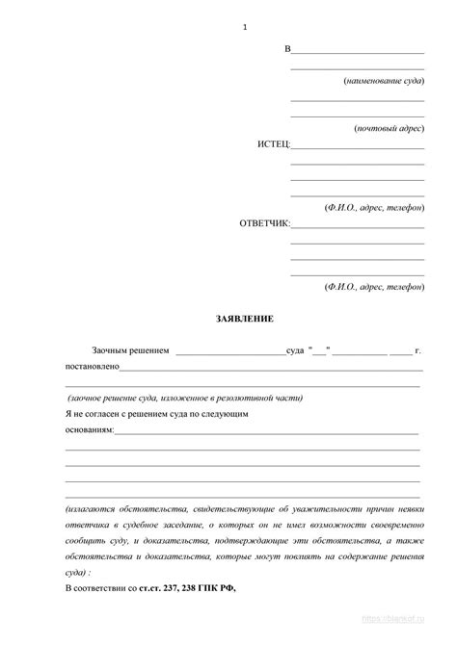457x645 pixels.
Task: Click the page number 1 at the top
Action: pyautogui.click(x=246, y=26)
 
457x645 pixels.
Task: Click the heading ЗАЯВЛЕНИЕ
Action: pyautogui.click(x=244, y=318)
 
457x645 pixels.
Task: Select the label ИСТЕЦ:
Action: pyautogui.click(x=273, y=145)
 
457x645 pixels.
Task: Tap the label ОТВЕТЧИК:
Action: pyautogui.click(x=264, y=224)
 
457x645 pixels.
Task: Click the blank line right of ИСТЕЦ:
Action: pyautogui.click(x=357, y=148)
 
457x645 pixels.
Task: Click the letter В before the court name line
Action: pyautogui.click(x=287, y=49)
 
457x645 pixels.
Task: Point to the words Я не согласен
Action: pyautogui.click(x=93, y=413)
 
